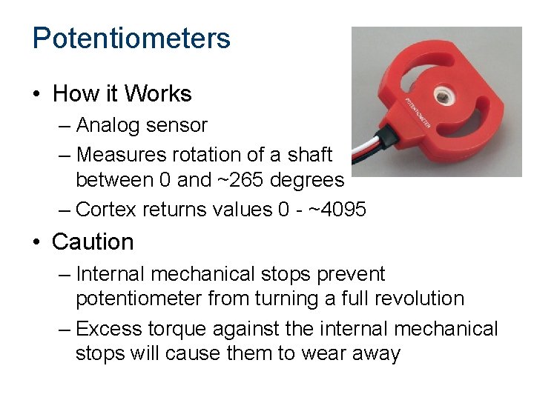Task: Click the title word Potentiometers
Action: tap(131, 39)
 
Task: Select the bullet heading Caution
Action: tap(93, 242)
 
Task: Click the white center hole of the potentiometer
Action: tap(446, 95)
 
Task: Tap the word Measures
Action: tap(120, 155)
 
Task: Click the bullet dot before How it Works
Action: tap(36, 95)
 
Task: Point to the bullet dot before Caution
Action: tap(36, 243)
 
